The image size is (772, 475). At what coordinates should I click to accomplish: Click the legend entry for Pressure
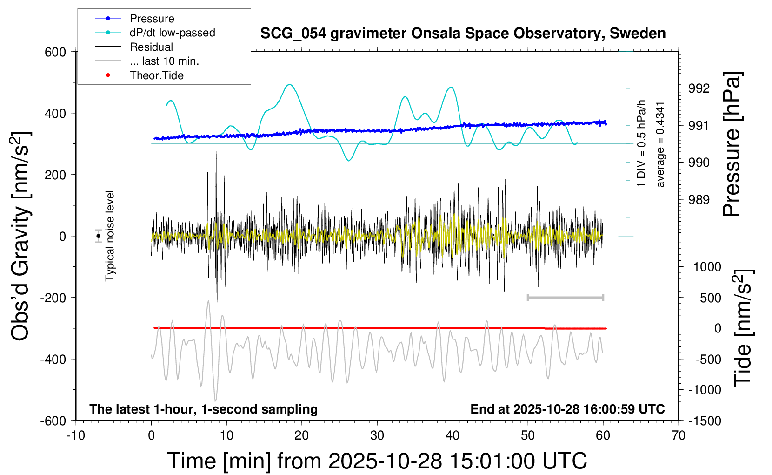(152, 19)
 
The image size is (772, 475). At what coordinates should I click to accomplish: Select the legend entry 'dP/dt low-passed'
(172, 33)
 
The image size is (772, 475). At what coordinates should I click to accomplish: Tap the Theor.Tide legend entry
(156, 75)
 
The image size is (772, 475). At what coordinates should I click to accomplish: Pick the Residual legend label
(151, 47)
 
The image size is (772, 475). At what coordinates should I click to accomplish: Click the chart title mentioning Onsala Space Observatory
(463, 34)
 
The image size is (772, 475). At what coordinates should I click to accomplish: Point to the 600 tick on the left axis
(55, 52)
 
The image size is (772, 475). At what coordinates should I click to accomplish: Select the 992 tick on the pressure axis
(699, 88)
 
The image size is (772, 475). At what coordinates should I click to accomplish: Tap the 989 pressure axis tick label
(699, 200)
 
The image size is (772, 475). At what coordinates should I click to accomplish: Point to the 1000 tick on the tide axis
(707, 267)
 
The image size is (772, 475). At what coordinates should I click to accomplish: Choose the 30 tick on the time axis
(377, 436)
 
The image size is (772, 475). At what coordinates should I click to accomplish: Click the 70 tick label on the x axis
(679, 436)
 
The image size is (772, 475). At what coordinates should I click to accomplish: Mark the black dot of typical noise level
(98, 236)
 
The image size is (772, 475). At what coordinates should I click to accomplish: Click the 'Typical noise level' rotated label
(110, 236)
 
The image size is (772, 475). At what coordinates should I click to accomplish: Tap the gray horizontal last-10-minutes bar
(565, 297)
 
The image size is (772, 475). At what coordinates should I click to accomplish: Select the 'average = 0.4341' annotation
(660, 144)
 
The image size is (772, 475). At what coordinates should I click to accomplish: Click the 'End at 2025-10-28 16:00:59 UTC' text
(567, 409)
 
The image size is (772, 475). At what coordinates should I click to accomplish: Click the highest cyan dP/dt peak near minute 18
(290, 84)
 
